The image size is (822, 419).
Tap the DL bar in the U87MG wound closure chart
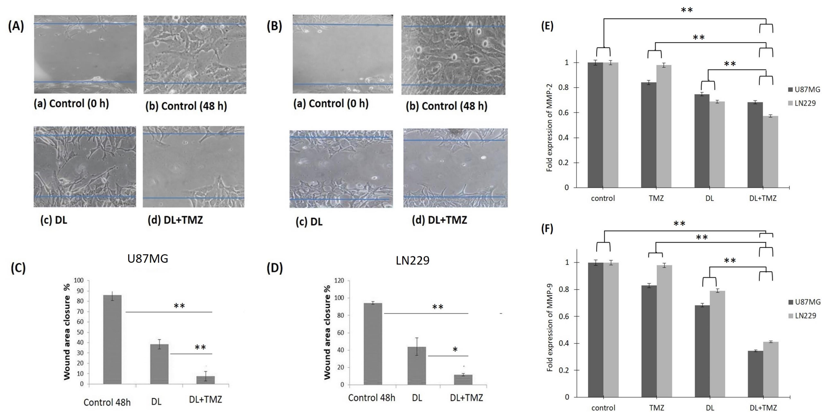(x=159, y=364)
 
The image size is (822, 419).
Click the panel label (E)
(x=547, y=26)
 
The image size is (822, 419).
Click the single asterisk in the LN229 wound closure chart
(x=455, y=350)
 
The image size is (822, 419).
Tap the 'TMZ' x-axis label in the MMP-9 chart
(x=656, y=408)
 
